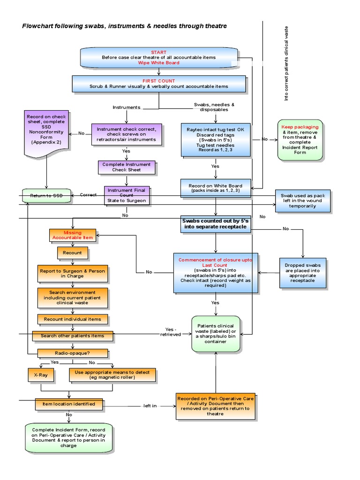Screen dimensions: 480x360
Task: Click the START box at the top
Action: pos(159,57)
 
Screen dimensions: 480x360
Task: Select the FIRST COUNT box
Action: pos(159,83)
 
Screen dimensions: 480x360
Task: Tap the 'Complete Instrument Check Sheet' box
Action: pos(127,167)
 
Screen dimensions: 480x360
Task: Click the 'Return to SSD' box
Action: pos(46,195)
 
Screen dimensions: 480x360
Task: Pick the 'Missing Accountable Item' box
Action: pos(73,235)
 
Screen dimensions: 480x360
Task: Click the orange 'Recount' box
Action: pos(73,253)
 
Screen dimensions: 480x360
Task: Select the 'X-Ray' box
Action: pos(41,375)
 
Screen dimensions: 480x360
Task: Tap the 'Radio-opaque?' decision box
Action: pos(73,353)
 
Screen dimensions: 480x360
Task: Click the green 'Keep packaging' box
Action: pos(300,140)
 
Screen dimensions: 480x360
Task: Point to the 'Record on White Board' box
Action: pos(216,188)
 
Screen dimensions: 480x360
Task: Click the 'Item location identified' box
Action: pos(68,404)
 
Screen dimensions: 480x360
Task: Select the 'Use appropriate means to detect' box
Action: pos(112,375)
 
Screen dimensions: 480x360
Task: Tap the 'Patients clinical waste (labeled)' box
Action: pos(216,334)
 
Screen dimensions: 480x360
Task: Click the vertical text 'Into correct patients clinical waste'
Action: pos(286,63)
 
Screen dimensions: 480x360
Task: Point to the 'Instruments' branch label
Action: pos(126,107)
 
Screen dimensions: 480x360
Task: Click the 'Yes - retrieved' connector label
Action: pos(171,331)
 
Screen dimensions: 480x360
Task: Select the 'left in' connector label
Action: pos(150,406)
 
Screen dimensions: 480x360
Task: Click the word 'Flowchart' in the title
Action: pos(39,26)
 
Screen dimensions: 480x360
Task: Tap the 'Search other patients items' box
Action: pos(73,336)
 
